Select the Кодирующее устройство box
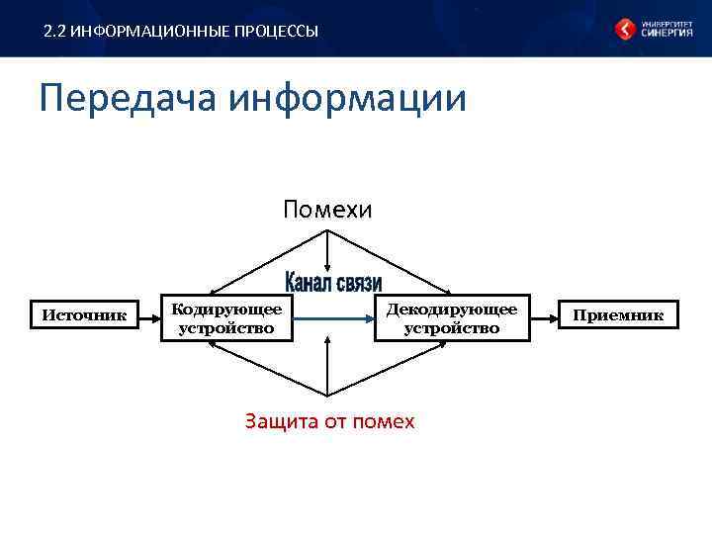pyautogui.click(x=226, y=317)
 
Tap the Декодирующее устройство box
pyautogui.click(x=452, y=317)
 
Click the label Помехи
pyautogui.click(x=327, y=210)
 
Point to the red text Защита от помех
pyautogui.click(x=329, y=421)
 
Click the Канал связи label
pyautogui.click(x=333, y=282)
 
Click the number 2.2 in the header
pyautogui.click(x=55, y=32)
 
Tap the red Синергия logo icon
pyautogui.click(x=625, y=29)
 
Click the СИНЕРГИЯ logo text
pyautogui.click(x=667, y=33)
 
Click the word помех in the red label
pyautogui.click(x=387, y=421)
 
